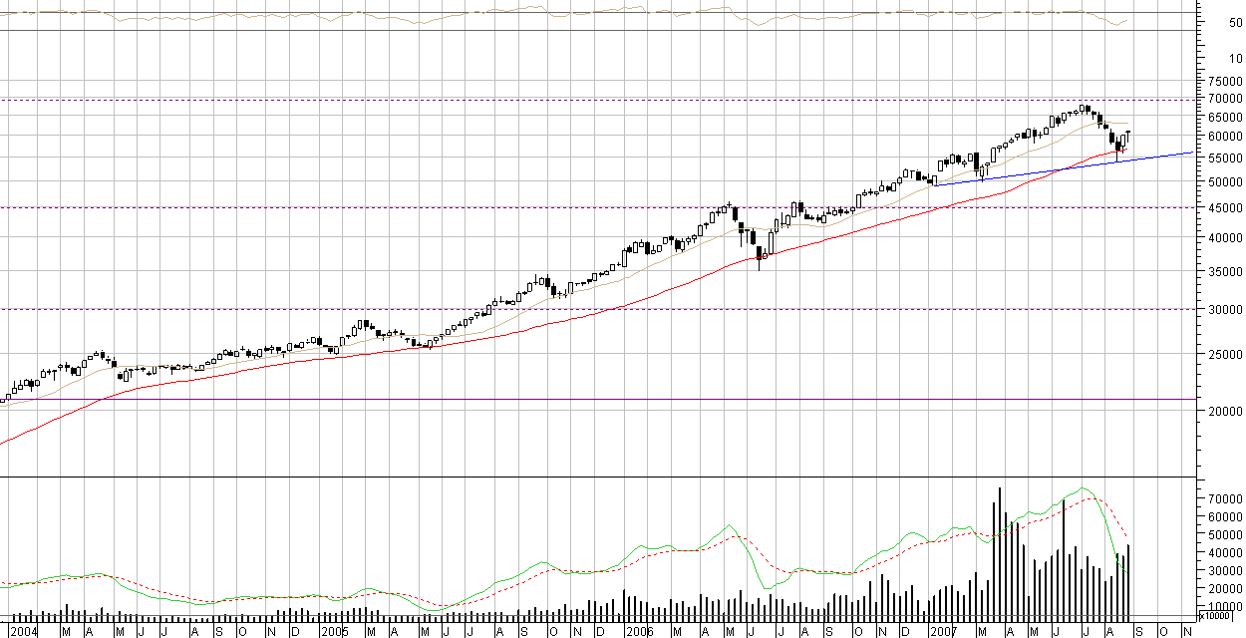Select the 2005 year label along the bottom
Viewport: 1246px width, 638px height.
coord(334,631)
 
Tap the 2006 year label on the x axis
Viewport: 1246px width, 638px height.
coord(639,631)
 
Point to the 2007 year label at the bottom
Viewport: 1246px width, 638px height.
coord(944,631)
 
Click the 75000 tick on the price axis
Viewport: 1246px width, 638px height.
coord(1222,82)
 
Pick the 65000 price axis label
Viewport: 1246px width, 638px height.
coord(1222,117)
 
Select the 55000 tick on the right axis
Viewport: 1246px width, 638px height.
coord(1222,159)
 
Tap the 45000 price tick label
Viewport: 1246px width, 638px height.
coord(1222,207)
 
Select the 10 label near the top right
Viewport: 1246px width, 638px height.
coord(1235,59)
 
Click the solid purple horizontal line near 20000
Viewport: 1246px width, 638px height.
coord(598,400)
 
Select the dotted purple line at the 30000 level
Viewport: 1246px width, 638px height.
coord(598,309)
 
